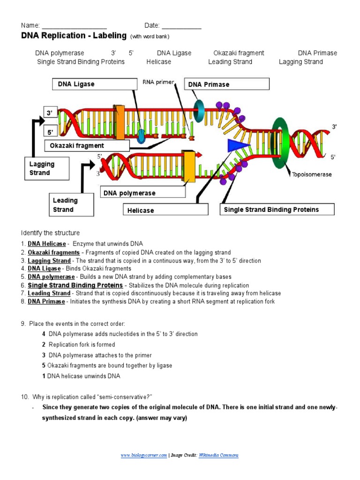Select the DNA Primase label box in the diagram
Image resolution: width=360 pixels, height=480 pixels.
pyautogui.click(x=227, y=84)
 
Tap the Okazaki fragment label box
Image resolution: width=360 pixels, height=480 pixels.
pyautogui.click(x=87, y=146)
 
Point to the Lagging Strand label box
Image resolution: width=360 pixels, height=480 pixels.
pyautogui.click(x=46, y=168)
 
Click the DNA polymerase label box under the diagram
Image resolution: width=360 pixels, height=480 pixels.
pyautogui.click(x=143, y=193)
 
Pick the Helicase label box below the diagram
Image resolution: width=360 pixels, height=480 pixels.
pyautogui.click(x=165, y=210)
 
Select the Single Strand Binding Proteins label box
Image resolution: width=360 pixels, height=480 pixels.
pyautogui.click(x=277, y=210)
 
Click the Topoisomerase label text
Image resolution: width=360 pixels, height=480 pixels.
pyautogui.click(x=312, y=174)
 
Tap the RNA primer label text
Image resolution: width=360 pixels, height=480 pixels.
pyautogui.click(x=158, y=82)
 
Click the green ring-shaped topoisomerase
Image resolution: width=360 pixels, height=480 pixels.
pyautogui.click(x=281, y=141)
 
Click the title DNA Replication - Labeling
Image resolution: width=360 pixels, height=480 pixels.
pyautogui.click(x=74, y=36)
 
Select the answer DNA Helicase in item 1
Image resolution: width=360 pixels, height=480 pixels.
pyautogui.click(x=47, y=244)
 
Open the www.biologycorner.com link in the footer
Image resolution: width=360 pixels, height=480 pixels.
pyautogui.click(x=143, y=455)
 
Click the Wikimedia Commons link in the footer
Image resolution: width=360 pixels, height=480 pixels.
pyautogui.click(x=218, y=455)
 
